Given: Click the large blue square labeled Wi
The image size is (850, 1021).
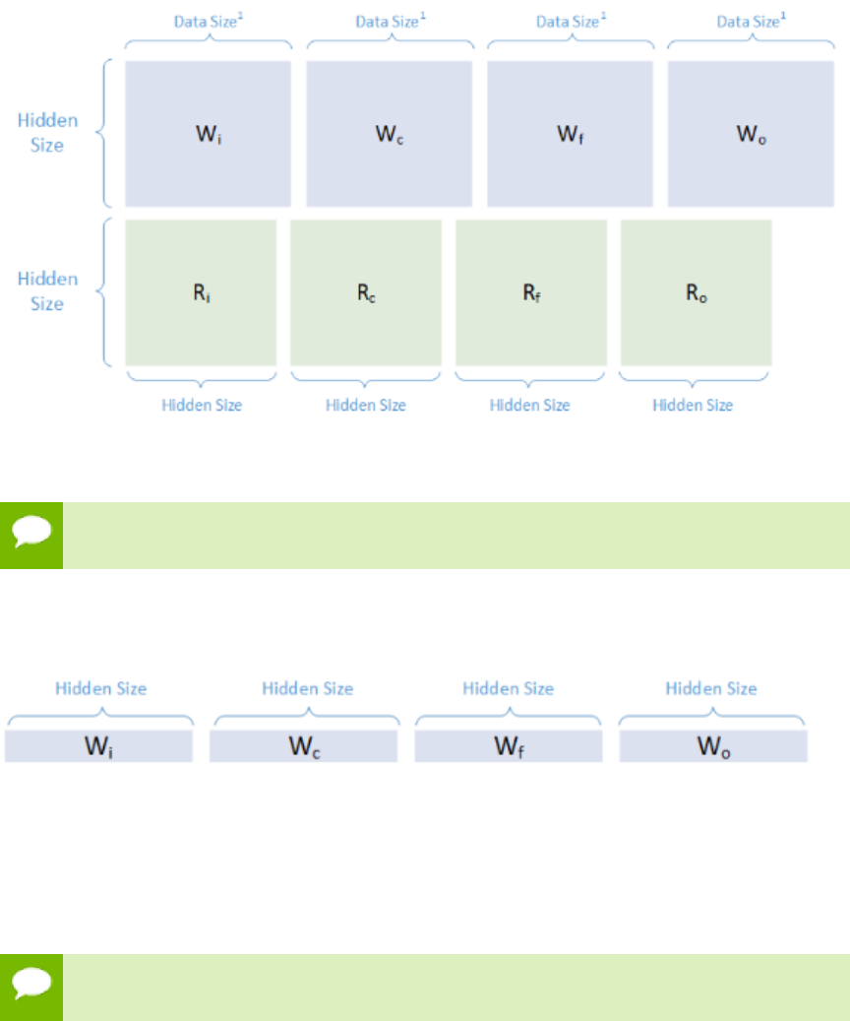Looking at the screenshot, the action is click(208, 134).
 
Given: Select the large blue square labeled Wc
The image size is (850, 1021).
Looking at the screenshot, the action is click(389, 134).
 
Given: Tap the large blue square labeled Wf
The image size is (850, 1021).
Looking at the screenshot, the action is click(570, 134).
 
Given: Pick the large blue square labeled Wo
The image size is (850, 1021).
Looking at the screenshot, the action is click(751, 134).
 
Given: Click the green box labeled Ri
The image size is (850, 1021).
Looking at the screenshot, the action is click(201, 292).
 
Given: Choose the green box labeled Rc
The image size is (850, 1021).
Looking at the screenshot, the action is click(366, 292).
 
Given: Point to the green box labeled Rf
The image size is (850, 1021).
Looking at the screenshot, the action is click(531, 292).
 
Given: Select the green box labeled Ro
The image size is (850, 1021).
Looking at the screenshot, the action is click(696, 292).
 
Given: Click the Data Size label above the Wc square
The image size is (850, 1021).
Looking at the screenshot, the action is click(389, 20).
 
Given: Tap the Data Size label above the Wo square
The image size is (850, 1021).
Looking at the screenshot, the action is click(751, 20).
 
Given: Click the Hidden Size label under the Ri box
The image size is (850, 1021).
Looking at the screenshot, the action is click(201, 405).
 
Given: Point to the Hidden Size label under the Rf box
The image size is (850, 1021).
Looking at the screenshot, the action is click(529, 405).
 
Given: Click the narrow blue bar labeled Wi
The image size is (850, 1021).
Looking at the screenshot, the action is click(98, 746).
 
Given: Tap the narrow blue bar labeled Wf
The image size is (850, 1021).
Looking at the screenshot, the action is click(508, 746).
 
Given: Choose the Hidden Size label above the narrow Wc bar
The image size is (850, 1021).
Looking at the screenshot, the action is click(307, 688).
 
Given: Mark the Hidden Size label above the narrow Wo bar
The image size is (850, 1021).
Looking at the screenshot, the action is click(711, 688).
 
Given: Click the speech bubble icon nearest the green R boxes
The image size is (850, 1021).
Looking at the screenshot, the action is click(31, 536).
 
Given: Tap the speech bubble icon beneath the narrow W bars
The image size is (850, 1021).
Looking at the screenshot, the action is click(31, 987).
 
